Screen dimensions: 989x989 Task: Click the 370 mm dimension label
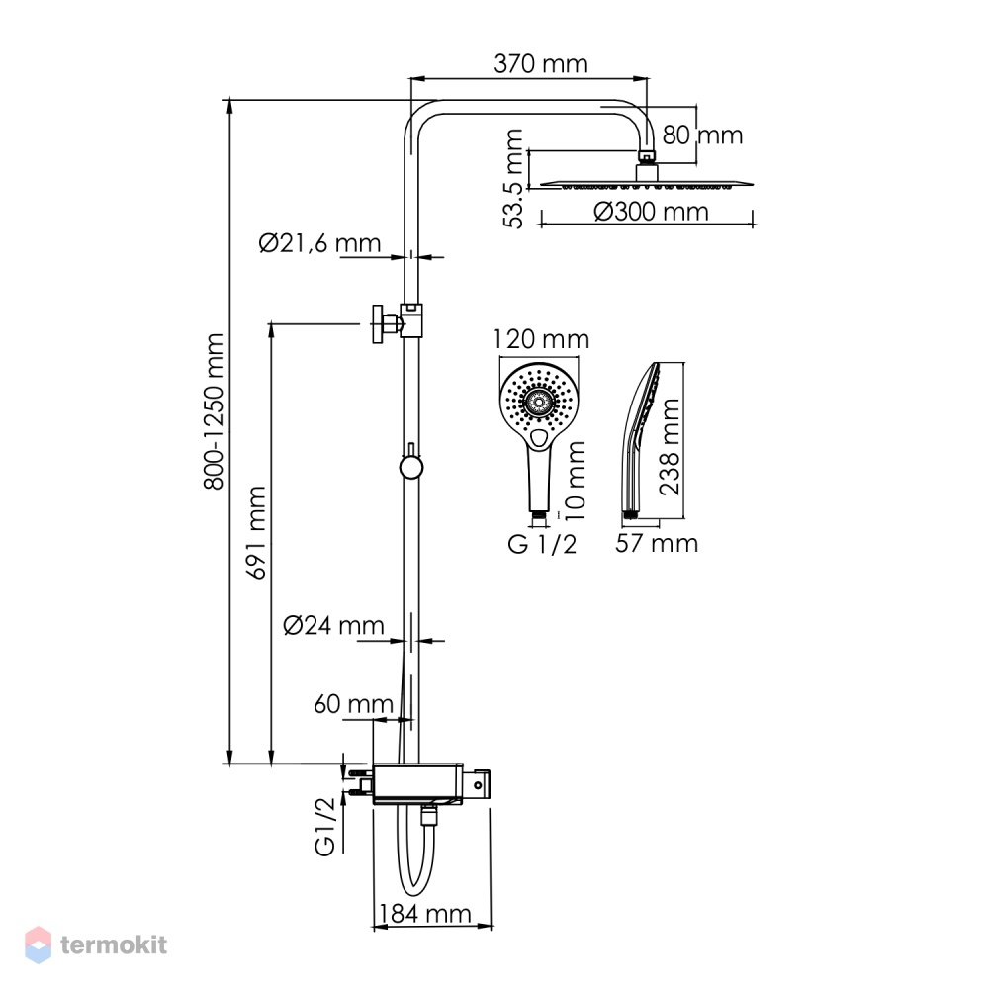coord(541,63)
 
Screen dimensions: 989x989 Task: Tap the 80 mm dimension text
coord(702,135)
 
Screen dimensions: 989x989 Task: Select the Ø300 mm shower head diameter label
coord(651,212)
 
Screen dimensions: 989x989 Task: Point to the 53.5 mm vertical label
coord(513,178)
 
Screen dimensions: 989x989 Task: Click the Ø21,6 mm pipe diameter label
coord(319,243)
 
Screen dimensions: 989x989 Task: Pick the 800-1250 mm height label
coord(214,411)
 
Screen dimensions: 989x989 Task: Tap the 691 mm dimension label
coord(256,532)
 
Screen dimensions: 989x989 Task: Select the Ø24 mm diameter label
coord(333,625)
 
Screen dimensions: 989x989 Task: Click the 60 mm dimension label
coord(353,704)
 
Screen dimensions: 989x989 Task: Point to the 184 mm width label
coord(424,913)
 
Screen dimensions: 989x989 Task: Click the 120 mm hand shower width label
coord(541,339)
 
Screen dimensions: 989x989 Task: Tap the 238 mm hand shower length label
coord(670,447)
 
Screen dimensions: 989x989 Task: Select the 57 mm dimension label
coord(657,543)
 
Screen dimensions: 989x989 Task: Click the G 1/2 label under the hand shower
coord(542,544)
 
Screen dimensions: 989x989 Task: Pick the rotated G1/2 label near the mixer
coord(324,826)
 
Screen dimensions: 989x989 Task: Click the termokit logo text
coord(114,944)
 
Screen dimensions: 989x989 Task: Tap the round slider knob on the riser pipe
coord(410,468)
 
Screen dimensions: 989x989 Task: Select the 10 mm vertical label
coord(576,481)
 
